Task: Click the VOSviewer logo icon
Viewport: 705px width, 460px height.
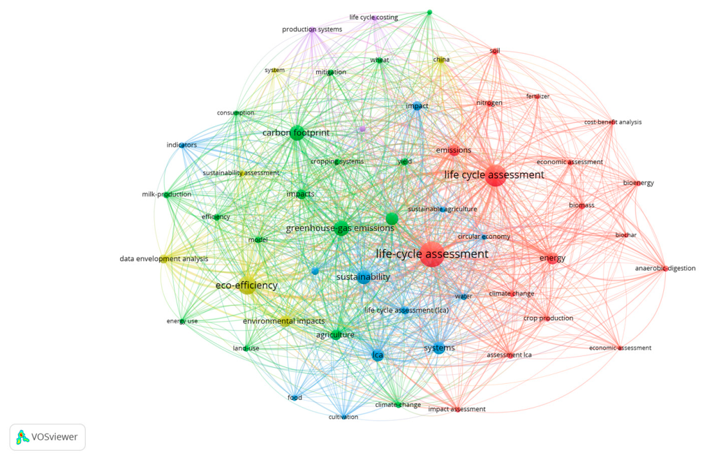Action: pyautogui.click(x=22, y=437)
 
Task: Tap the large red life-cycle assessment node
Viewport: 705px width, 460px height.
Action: pyautogui.click(x=432, y=254)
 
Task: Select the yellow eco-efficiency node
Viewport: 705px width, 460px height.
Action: pyautogui.click(x=247, y=285)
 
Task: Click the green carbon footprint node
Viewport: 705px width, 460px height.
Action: pyautogui.click(x=297, y=133)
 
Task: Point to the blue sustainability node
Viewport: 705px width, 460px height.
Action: pyautogui.click(x=364, y=277)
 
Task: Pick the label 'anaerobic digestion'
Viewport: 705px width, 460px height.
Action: pyautogui.click(x=665, y=269)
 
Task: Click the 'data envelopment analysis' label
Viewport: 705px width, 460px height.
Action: pyautogui.click(x=163, y=259)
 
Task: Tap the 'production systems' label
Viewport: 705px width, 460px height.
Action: pyautogui.click(x=312, y=29)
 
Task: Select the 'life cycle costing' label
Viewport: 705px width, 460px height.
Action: pyautogui.click(x=373, y=17)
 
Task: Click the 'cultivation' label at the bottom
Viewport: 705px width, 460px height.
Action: pyautogui.click(x=343, y=417)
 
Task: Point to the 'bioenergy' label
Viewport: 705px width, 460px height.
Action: pyautogui.click(x=639, y=183)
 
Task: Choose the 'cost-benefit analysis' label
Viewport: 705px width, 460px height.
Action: pyautogui.click(x=613, y=122)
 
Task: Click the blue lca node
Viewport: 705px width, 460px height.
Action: pyautogui.click(x=378, y=355)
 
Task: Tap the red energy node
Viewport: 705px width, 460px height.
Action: pyautogui.click(x=552, y=258)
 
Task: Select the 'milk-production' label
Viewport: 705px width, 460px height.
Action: pyautogui.click(x=166, y=194)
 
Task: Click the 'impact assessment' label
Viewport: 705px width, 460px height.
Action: pyautogui.click(x=457, y=409)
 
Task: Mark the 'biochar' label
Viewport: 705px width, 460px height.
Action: pyautogui.click(x=626, y=235)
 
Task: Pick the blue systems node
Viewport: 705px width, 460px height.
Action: pyautogui.click(x=439, y=348)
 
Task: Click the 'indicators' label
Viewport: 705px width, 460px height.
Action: pyautogui.click(x=181, y=144)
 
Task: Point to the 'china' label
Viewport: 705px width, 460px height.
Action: pyautogui.click(x=441, y=59)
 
